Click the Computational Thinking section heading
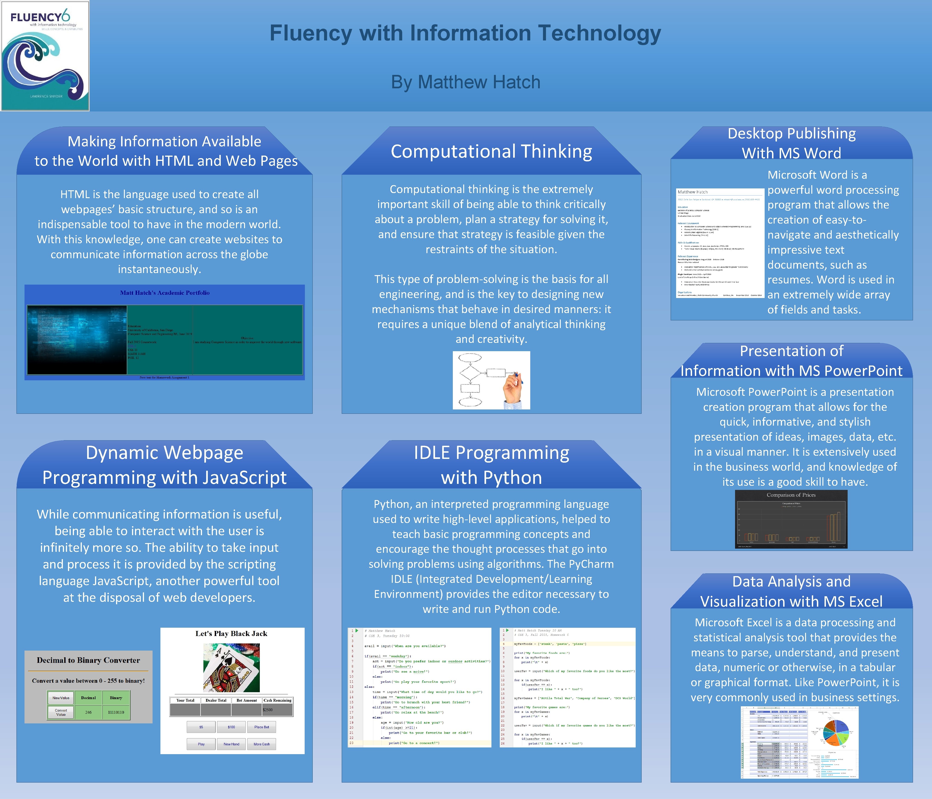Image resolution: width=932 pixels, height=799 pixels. point(491,152)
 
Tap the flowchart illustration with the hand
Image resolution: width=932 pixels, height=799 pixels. point(491,380)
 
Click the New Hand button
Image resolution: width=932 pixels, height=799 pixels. point(231,744)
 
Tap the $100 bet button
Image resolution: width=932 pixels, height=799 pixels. point(231,727)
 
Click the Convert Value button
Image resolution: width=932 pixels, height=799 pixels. point(61,712)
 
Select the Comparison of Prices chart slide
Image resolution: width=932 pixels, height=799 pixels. point(791,519)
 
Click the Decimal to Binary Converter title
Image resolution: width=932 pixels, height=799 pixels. point(88,661)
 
